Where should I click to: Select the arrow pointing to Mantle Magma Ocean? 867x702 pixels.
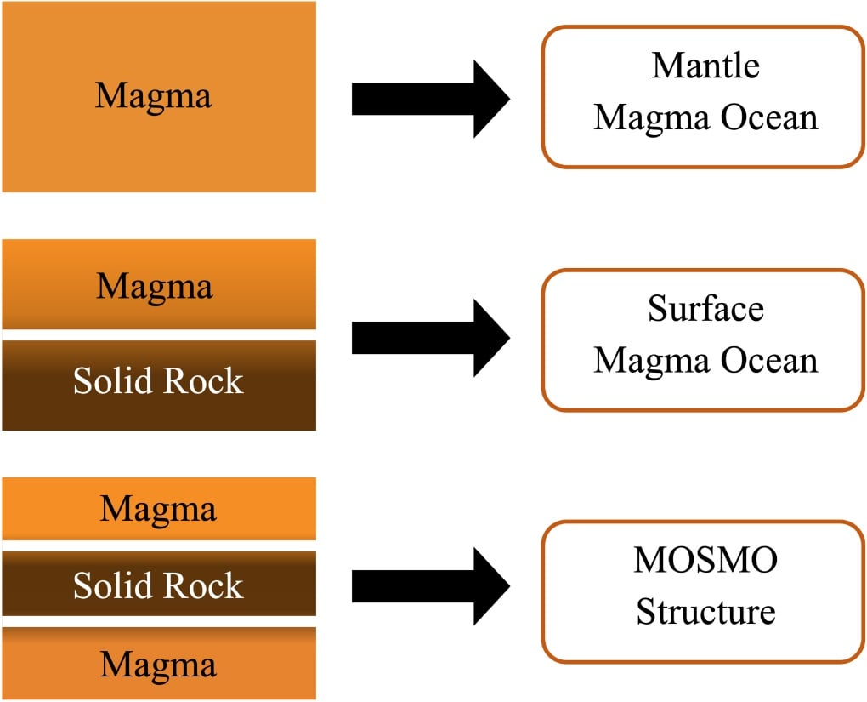click(x=429, y=100)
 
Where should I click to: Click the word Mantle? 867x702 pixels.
click(x=705, y=66)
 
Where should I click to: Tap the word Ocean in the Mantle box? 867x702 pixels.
click(x=768, y=117)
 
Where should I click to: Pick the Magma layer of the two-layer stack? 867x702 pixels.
click(x=159, y=285)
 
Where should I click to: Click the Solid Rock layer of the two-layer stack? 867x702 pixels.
click(x=159, y=383)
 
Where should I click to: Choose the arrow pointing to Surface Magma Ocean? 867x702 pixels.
click(x=429, y=339)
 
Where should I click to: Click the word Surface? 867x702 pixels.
click(x=705, y=308)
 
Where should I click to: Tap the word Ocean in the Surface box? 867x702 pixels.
click(x=768, y=360)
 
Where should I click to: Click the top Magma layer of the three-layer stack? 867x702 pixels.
click(x=159, y=509)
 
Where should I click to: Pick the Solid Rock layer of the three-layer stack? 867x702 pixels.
click(x=159, y=585)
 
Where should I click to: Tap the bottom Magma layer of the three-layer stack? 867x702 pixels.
click(x=159, y=664)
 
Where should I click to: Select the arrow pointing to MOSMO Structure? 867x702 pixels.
click(x=429, y=586)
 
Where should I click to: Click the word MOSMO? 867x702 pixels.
click(x=705, y=561)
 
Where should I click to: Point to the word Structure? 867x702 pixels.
click(x=705, y=612)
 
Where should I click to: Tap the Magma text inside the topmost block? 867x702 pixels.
click(x=153, y=96)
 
